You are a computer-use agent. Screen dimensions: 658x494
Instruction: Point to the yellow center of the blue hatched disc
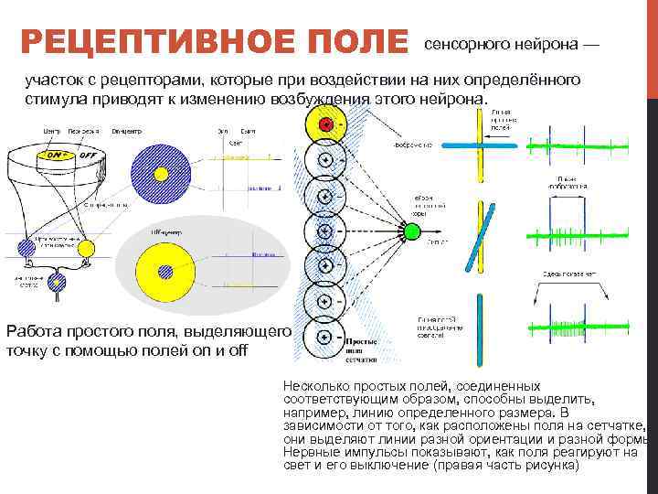click(x=162, y=173)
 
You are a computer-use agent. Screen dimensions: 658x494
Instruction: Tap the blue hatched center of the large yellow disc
click(x=165, y=271)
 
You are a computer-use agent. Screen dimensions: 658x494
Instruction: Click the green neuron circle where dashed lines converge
click(x=411, y=231)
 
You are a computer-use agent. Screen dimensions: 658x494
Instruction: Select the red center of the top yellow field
click(x=324, y=124)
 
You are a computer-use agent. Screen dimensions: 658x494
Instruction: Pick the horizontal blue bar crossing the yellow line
click(x=483, y=145)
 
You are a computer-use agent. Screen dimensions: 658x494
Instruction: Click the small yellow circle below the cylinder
click(x=87, y=247)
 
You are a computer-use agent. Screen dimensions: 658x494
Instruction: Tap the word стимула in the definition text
click(x=53, y=98)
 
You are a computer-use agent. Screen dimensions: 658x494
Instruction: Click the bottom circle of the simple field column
click(x=324, y=338)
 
